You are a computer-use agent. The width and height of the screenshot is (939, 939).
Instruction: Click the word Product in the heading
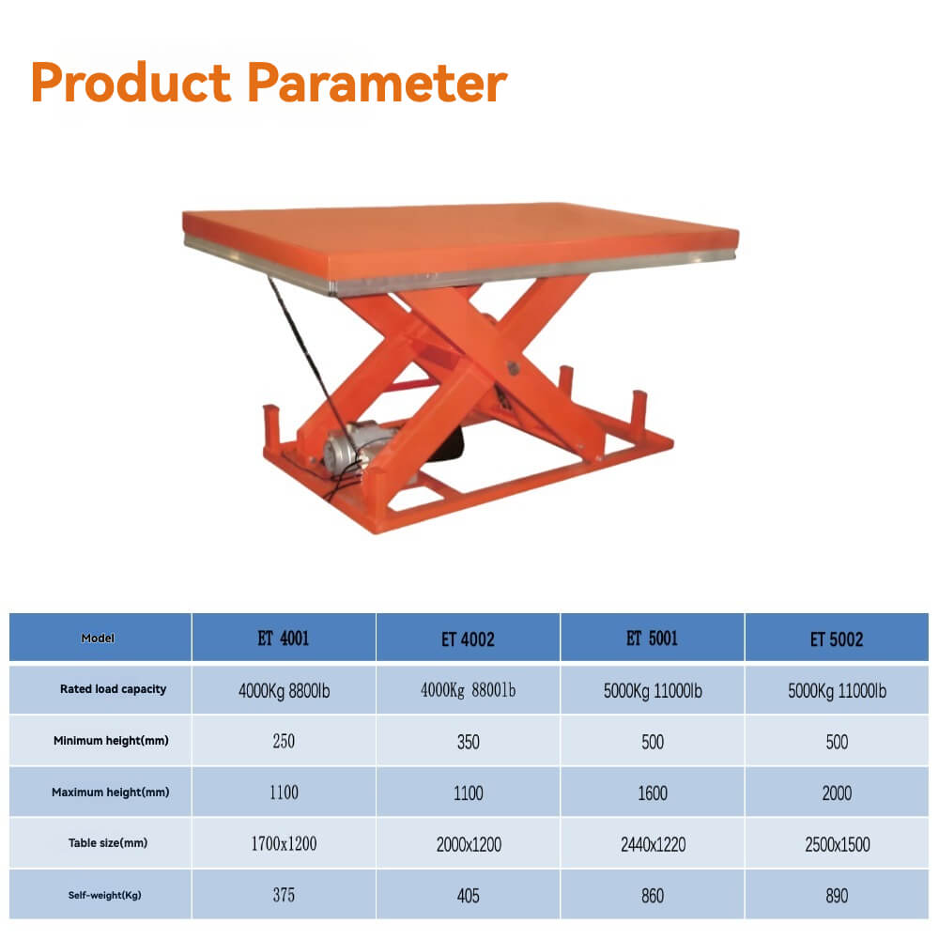[131, 84]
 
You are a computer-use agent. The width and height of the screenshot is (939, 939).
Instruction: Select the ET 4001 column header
[284, 639]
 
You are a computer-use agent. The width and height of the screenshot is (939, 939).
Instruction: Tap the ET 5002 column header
[836, 639]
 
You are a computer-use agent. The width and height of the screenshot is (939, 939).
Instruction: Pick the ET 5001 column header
[652, 639]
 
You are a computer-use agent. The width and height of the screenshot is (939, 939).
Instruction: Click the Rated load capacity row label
[113, 689]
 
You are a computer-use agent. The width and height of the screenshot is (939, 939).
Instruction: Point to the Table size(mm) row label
[108, 843]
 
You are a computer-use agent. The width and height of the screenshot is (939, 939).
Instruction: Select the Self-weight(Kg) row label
[104, 895]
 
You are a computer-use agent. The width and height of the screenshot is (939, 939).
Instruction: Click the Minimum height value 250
[284, 742]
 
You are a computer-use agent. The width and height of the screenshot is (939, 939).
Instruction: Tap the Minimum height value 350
[468, 742]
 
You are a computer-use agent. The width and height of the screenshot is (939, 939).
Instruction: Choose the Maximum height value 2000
[836, 793]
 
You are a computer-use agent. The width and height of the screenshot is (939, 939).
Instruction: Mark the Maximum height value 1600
[652, 793]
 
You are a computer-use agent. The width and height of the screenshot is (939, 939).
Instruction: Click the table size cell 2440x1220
[652, 844]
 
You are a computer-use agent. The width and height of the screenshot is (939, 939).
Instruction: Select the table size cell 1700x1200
[284, 844]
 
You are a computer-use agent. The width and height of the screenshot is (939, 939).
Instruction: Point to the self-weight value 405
[468, 896]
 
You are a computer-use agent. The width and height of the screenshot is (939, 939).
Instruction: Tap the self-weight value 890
[836, 896]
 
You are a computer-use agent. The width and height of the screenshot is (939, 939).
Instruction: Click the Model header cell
[99, 639]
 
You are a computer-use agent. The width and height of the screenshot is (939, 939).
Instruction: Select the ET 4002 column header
[468, 639]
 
